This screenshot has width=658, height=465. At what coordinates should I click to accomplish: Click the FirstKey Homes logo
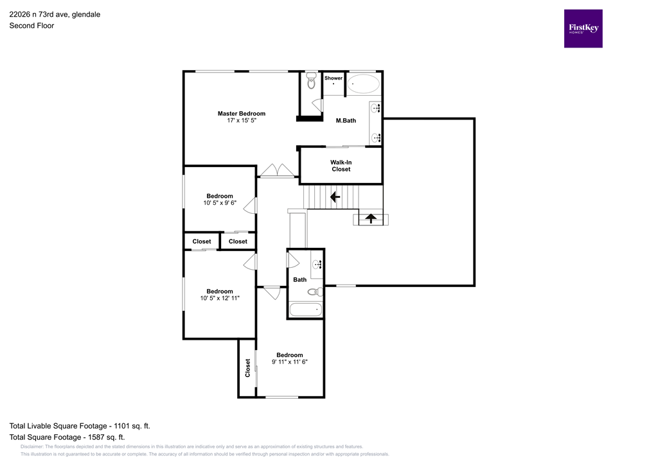583,28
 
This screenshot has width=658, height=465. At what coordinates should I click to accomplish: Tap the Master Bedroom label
241,114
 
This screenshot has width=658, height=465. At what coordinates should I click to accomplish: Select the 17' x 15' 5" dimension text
241,121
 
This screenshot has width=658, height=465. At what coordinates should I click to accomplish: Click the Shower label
333,78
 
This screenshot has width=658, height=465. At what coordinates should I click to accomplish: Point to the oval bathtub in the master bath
364,84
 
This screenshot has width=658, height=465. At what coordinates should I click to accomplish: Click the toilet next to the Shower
311,81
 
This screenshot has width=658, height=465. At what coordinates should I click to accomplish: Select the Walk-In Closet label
341,166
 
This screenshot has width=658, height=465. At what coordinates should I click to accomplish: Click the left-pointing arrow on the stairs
334,197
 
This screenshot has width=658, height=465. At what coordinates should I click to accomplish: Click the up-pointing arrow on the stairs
371,218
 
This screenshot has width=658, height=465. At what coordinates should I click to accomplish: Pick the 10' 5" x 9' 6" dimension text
219,203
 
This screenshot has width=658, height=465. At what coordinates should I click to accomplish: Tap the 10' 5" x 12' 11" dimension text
220,298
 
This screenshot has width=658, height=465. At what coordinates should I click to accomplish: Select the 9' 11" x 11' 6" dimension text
289,362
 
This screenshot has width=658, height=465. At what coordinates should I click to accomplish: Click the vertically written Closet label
247,367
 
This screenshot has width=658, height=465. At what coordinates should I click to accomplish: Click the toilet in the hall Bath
314,292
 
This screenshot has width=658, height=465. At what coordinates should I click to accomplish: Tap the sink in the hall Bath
317,264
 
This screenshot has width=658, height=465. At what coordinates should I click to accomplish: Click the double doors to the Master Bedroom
277,170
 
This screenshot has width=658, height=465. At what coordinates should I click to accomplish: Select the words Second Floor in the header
31,26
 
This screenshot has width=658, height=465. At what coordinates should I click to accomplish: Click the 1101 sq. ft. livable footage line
80,426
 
